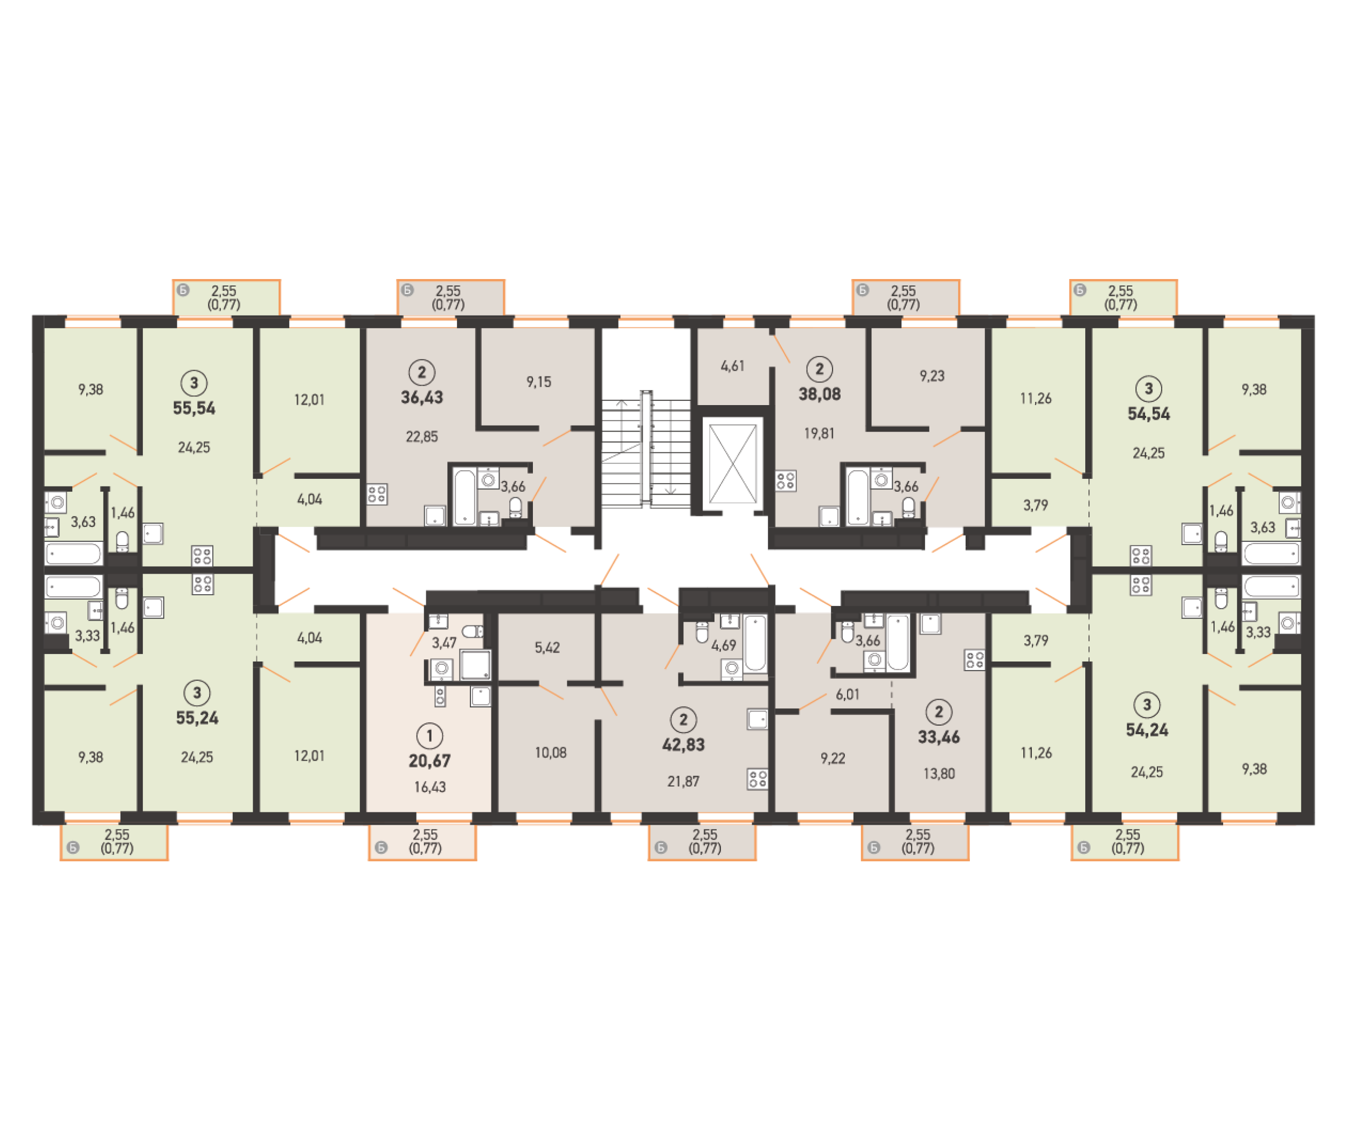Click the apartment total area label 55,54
[x=193, y=408]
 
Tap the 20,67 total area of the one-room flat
[x=429, y=761]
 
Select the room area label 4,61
[x=732, y=366]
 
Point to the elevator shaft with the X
[x=732, y=463]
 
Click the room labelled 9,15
[x=539, y=382]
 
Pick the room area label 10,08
[x=550, y=753]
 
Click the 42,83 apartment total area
[x=683, y=744]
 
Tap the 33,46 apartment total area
[x=939, y=737]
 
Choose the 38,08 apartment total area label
[x=819, y=394]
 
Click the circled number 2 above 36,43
[x=421, y=372]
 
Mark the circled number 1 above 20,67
[x=429, y=736]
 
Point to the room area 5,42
[x=547, y=647]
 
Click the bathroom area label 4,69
[x=723, y=645]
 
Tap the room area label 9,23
[x=932, y=376]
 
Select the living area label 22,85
[x=421, y=437]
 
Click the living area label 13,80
[x=939, y=774]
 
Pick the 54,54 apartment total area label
[x=1149, y=414]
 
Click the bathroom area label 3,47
[x=444, y=643]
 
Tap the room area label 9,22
[x=832, y=758]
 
